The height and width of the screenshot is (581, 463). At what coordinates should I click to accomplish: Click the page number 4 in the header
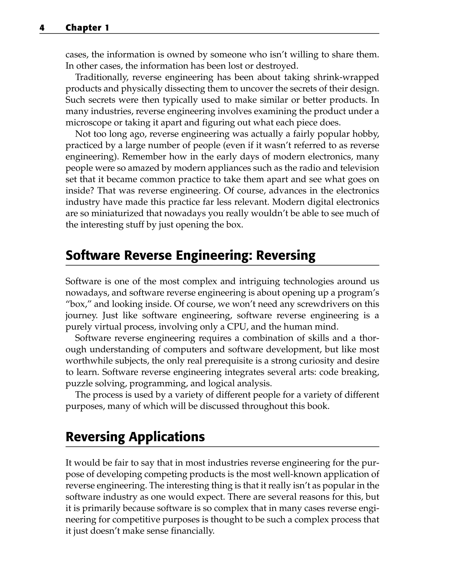tap(42, 28)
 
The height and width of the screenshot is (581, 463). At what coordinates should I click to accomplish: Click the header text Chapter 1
tap(87, 28)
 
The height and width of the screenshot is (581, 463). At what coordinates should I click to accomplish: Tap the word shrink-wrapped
tap(346, 77)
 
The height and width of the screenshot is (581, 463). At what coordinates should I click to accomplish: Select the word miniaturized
tap(117, 213)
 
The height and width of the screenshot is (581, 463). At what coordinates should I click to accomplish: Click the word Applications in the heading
tap(167, 437)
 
